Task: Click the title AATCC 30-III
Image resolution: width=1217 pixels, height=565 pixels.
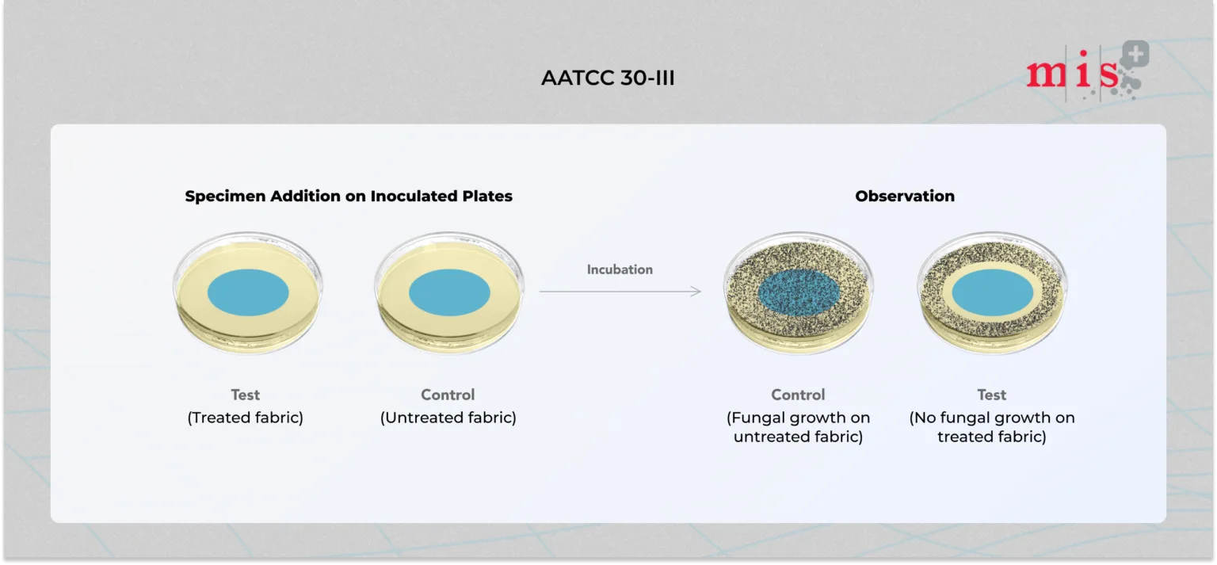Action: click(608, 78)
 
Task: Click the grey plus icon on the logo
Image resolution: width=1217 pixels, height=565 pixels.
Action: click(1135, 54)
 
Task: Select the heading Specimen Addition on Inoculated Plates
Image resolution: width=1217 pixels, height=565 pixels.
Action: click(349, 196)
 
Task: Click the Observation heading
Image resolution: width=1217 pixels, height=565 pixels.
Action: click(905, 196)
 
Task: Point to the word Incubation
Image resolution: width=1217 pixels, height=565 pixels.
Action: click(620, 269)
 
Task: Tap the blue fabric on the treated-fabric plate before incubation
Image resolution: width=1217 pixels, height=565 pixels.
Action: click(248, 292)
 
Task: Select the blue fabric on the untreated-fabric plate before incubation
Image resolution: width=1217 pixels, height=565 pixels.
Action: click(449, 292)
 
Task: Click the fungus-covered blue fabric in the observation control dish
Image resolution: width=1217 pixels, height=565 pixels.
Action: click(799, 292)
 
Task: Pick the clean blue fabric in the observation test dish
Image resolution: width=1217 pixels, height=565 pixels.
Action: click(993, 292)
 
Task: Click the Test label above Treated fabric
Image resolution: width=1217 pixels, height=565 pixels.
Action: click(245, 395)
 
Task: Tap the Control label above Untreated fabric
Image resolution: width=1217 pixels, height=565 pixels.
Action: click(448, 395)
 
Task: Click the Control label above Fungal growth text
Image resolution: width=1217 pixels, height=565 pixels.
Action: click(798, 395)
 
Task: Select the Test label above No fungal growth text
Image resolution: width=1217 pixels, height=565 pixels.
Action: click(991, 395)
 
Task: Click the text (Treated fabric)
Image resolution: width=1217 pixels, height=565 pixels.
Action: click(245, 418)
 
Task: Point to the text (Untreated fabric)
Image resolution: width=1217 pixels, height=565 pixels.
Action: click(448, 418)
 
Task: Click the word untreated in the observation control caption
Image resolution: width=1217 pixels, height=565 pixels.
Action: click(773, 437)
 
